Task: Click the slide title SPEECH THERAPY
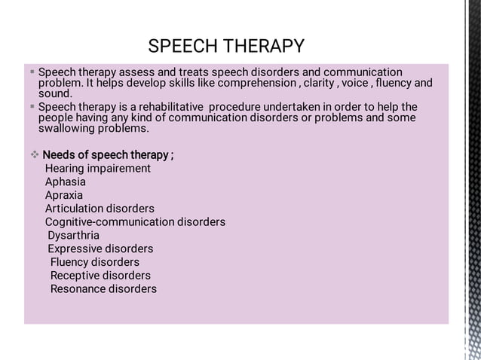pos(226,46)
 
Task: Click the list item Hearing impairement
pos(97,169)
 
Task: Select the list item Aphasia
pos(65,182)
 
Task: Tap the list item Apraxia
pos(64,195)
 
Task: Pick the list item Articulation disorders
pos(100,209)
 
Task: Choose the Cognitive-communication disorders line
pos(135,222)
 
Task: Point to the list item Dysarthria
pos(73,236)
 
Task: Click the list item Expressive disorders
pos(100,249)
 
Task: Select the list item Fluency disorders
pos(95,262)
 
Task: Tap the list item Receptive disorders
pos(100,276)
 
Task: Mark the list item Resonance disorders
pos(103,289)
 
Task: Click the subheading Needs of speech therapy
pos(108,155)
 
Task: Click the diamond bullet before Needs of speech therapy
pos(34,155)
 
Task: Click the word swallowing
pos(68,128)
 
